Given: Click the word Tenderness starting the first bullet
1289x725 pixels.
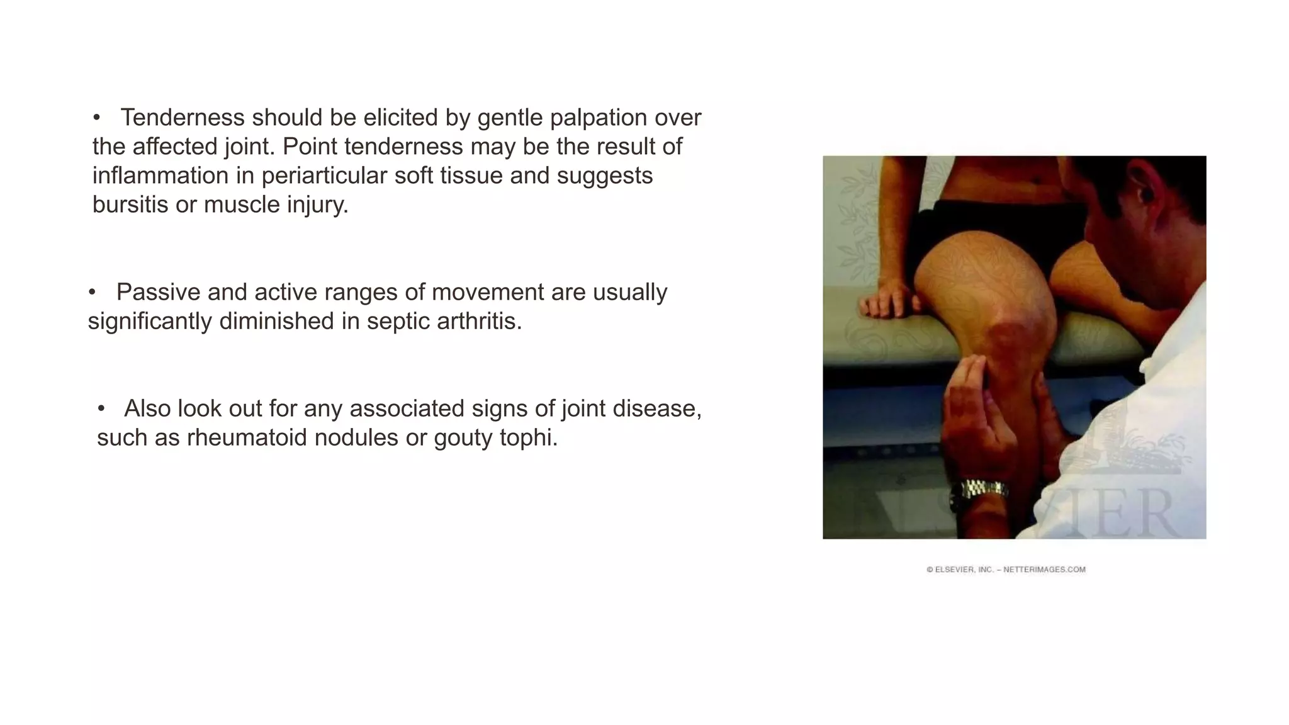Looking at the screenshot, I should (182, 118).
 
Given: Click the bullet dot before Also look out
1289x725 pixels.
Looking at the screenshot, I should (101, 409).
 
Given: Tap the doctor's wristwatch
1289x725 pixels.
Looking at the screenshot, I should (982, 488).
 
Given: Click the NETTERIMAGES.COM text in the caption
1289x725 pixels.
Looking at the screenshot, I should (1044, 570).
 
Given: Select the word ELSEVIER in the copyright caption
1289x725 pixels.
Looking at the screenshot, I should (955, 570).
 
